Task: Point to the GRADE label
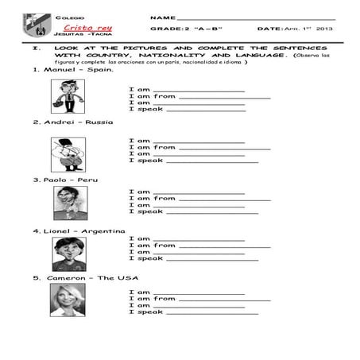tap(165, 29)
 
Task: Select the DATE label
tap(269, 29)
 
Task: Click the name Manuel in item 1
tap(57, 69)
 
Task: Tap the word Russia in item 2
tap(101, 122)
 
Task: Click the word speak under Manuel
tap(151, 109)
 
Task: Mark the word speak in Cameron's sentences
tap(151, 312)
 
